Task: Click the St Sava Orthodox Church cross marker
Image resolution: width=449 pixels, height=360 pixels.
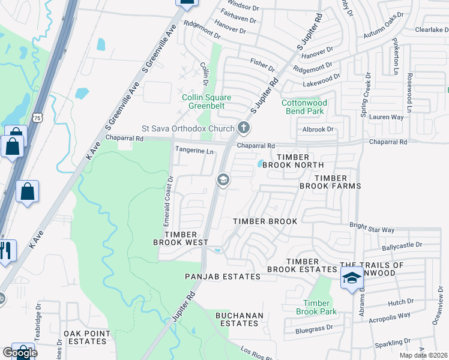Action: click(243, 127)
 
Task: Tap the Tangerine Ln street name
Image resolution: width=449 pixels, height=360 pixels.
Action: click(194, 151)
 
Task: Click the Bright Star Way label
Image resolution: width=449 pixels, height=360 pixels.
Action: click(372, 230)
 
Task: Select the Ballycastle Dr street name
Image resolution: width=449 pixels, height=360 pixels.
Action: click(402, 246)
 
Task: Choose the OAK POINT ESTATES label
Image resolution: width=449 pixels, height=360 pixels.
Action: click(85, 337)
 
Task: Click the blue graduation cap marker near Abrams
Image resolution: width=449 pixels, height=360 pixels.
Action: click(352, 278)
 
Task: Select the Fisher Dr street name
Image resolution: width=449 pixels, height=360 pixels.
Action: click(262, 61)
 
